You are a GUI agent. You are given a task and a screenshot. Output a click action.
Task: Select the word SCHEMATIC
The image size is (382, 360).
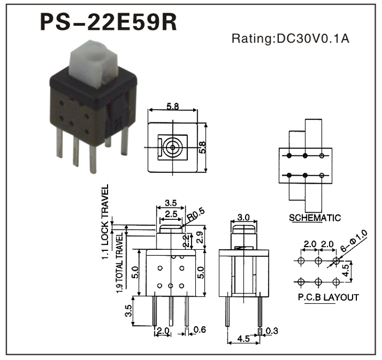point(315,218)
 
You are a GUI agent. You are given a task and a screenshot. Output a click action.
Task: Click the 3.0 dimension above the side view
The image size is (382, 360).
point(243,217)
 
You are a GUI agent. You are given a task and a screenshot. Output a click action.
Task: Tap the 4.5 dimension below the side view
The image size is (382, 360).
point(242,339)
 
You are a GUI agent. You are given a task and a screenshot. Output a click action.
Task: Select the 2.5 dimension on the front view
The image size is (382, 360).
point(171,214)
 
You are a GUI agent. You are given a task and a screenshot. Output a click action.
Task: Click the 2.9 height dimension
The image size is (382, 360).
point(200,236)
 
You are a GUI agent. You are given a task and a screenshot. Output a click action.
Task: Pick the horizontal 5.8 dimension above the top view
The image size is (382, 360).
point(172,107)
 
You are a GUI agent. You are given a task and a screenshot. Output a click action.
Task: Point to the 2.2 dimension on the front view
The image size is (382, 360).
point(187,238)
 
